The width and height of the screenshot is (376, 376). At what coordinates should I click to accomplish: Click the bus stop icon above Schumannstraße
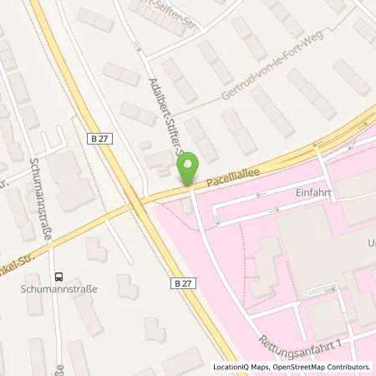point(58,277)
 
